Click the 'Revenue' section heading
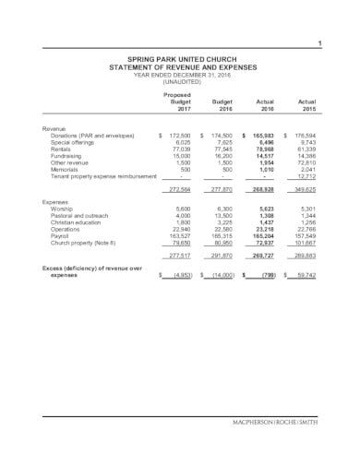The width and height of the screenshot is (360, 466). point(54,127)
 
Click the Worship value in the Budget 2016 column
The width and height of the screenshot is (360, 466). point(224,208)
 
